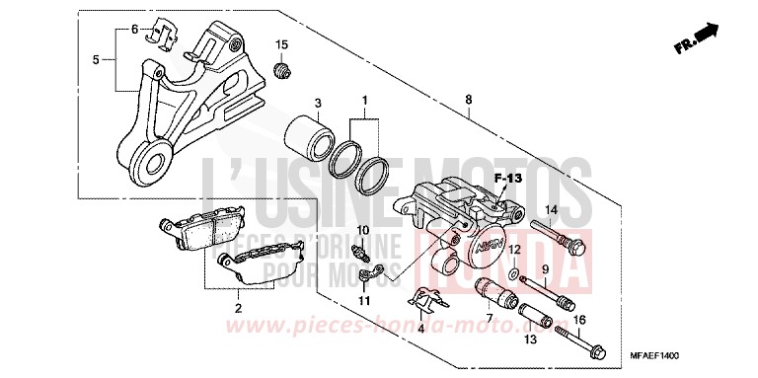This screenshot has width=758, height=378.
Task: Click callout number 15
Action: click(282, 45)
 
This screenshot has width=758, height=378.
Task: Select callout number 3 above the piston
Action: click(318, 104)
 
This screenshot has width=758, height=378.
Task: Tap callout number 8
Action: click(469, 99)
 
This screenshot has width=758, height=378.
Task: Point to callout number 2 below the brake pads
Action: click(238, 308)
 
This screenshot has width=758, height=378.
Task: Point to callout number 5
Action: click(96, 60)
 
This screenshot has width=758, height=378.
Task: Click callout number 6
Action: click(135, 29)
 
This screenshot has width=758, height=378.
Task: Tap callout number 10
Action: click(362, 231)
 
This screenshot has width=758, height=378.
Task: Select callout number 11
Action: click(363, 299)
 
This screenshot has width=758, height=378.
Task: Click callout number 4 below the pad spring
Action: click(422, 329)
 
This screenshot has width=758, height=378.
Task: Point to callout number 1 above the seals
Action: click(364, 101)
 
